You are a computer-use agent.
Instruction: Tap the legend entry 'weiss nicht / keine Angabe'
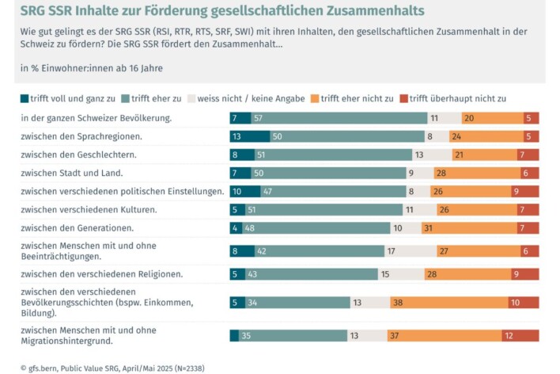pyautogui.click(x=242, y=98)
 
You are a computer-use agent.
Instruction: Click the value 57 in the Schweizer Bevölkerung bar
pyautogui.click(x=258, y=118)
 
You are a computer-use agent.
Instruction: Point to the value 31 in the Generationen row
pyautogui.click(x=471, y=227)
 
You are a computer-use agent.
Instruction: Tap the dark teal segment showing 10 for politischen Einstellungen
pyautogui.click(x=244, y=191)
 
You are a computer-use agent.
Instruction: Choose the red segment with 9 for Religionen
pyautogui.click(x=526, y=274)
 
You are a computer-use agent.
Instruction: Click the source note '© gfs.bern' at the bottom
pyautogui.click(x=112, y=368)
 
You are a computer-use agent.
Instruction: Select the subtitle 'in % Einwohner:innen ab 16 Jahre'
pyautogui.click(x=91, y=67)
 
